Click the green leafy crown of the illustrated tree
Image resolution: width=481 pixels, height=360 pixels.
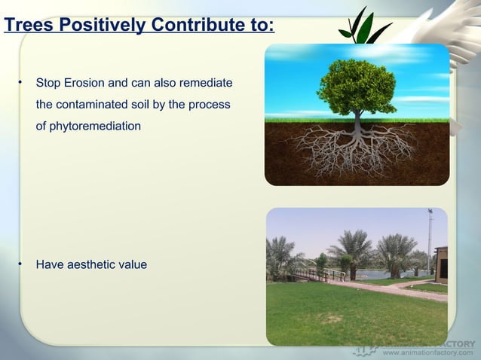[x=357, y=83]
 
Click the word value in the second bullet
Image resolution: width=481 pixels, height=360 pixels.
[x=133, y=264]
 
